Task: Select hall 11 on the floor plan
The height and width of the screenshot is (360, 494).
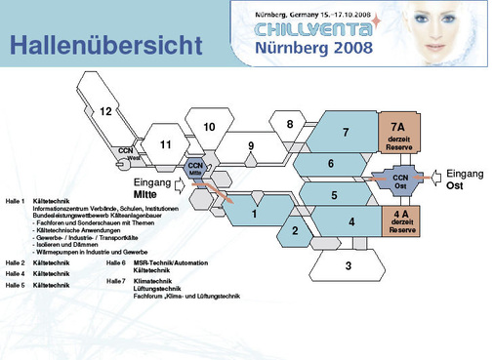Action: click(x=166, y=144)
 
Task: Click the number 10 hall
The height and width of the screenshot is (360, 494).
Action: click(x=209, y=127)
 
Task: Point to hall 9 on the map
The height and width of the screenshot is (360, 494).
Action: click(x=251, y=146)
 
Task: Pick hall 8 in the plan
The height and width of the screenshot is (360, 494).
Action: click(x=289, y=125)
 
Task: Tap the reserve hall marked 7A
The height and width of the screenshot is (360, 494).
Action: click(x=398, y=133)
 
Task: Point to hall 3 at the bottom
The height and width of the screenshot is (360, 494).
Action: click(x=348, y=264)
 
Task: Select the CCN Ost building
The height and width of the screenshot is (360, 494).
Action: click(x=399, y=180)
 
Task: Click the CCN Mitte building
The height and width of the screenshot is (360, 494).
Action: click(x=196, y=167)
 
